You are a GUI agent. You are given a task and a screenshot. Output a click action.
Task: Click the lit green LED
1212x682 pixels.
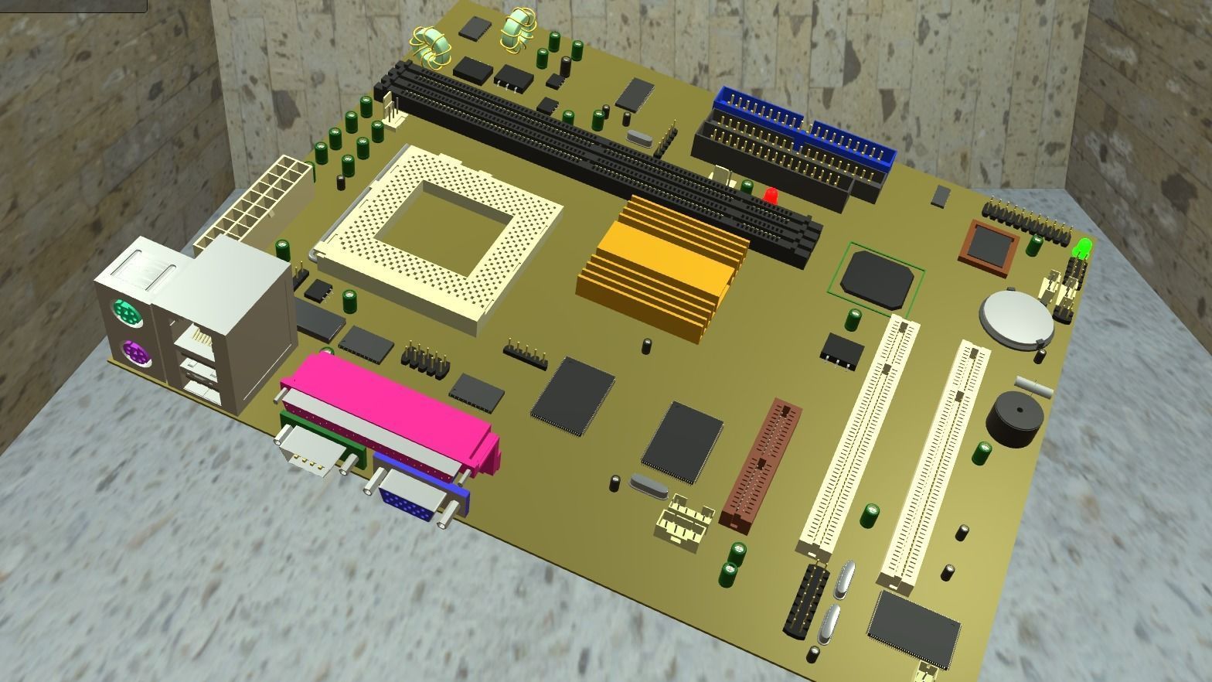click(1081, 248)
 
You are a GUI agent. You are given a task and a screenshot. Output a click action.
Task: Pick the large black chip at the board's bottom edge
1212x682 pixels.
click(914, 627)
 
